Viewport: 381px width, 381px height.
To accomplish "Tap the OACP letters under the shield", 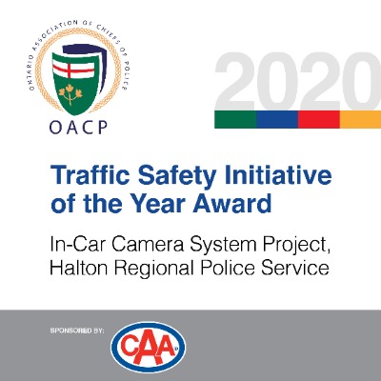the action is click(x=78, y=128).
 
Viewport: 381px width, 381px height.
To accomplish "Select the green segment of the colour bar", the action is click(x=235, y=119).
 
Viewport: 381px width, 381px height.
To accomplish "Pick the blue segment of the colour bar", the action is click(x=277, y=119).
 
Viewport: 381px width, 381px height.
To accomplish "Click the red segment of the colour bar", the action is click(x=319, y=119).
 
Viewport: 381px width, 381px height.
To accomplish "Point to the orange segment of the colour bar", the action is click(x=360, y=119).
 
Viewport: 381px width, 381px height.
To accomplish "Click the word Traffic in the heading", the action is click(x=91, y=175).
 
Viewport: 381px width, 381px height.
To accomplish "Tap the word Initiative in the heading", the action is click(x=278, y=175).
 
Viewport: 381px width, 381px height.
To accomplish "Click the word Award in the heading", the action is click(x=232, y=204).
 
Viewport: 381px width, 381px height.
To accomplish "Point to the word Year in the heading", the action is click(x=159, y=204).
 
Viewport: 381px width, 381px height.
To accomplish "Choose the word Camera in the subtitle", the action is click(x=148, y=246).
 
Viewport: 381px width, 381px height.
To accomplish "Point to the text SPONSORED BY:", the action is click(x=77, y=331).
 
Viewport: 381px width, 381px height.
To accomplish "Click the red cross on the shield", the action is click(x=73, y=69).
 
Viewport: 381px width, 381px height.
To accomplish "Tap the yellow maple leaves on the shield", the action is click(x=70, y=93).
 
